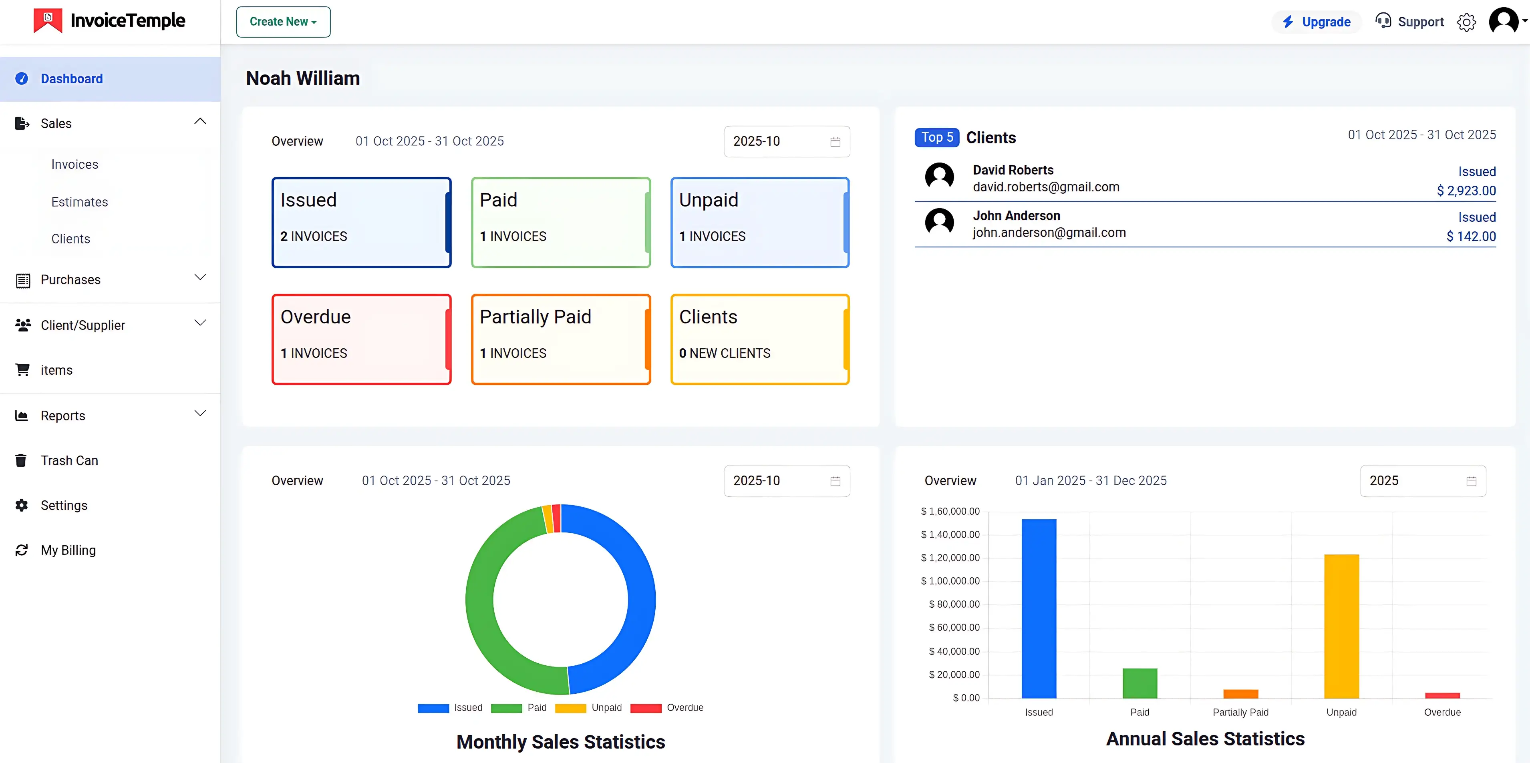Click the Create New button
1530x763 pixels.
point(283,22)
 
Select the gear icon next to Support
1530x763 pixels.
point(1466,22)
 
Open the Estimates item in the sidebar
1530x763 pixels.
point(80,202)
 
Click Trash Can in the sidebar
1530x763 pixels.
point(69,461)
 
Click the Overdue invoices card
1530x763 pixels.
point(361,339)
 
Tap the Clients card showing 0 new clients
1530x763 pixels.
point(760,339)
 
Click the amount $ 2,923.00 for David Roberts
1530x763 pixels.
point(1466,191)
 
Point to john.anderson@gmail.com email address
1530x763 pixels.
point(1049,233)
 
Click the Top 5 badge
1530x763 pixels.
point(937,138)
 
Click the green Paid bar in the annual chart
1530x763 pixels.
point(1139,683)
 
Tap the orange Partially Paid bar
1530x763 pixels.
point(1240,693)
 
